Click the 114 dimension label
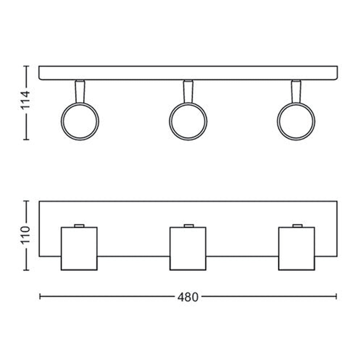[25, 100]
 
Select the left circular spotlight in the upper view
[61, 122]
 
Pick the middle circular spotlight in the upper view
[170, 122]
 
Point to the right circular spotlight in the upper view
[278, 122]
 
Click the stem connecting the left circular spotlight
[80, 92]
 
